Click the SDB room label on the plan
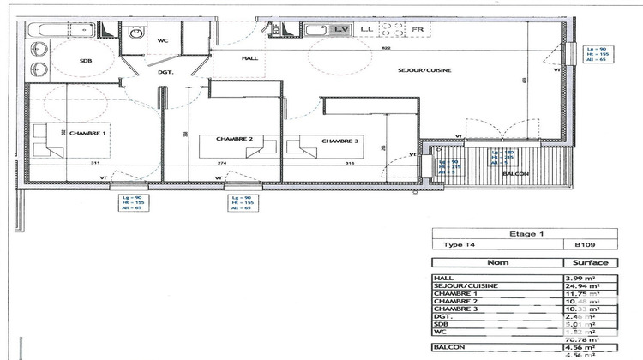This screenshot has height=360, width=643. (x=86, y=60)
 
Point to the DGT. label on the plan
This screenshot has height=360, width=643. (x=165, y=73)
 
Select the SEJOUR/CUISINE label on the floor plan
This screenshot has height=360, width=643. (x=424, y=70)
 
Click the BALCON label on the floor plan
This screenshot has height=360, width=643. (x=514, y=174)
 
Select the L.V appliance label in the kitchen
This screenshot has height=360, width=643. (x=341, y=29)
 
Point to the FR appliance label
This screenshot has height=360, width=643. (x=418, y=29)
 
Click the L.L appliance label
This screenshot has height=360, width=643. (x=368, y=29)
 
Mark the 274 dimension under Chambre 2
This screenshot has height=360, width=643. (x=221, y=163)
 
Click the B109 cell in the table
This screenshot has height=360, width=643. (x=586, y=244)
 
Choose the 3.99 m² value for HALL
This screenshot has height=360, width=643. (x=587, y=278)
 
